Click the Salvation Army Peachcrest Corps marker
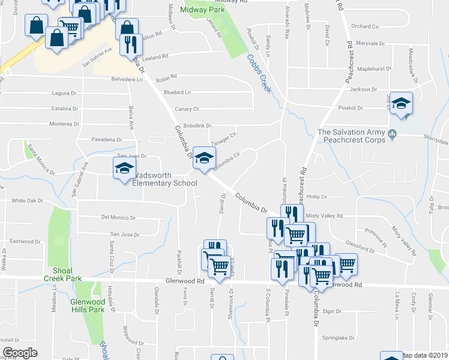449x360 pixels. click(393, 133)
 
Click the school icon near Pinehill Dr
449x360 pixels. click(401, 103)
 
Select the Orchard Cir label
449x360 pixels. click(366, 26)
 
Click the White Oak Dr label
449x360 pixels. click(28, 200)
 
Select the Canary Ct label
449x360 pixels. click(186, 109)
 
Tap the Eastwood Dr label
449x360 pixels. click(25, 241)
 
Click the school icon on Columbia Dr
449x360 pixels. click(204, 159)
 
